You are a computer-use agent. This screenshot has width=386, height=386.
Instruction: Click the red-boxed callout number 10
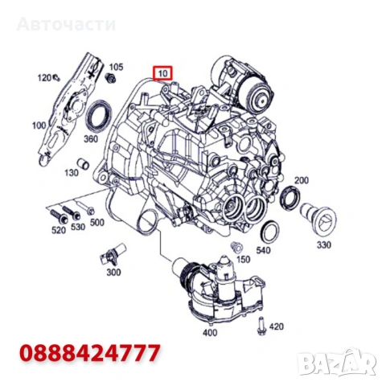coord(163,73)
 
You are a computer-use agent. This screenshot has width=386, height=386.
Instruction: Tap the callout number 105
coord(116,67)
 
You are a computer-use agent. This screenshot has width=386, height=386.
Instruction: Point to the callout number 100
coord(39,125)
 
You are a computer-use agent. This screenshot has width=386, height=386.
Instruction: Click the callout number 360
coord(90,139)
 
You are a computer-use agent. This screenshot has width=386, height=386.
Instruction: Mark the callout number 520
coord(58,230)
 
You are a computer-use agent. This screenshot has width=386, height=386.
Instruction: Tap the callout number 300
coord(113,272)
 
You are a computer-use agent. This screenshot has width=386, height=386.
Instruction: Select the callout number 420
coord(277,326)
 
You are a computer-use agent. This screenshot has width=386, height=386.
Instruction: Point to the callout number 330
coord(324,244)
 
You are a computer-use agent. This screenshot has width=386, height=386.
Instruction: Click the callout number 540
coord(262,249)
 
